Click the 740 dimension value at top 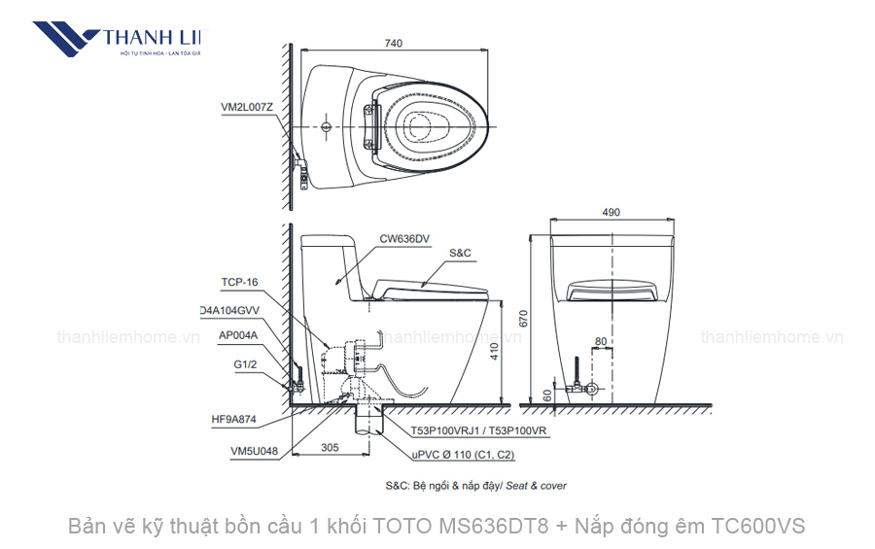pyautogui.click(x=393, y=43)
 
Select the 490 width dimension pyautogui.click(x=611, y=212)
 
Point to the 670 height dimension pyautogui.click(x=525, y=318)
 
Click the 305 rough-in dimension pyautogui.click(x=330, y=449)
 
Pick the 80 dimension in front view pyautogui.click(x=601, y=341)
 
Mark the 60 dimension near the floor pyautogui.click(x=546, y=395)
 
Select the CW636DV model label pyautogui.click(x=404, y=237)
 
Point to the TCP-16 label pyautogui.click(x=239, y=283)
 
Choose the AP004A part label pyautogui.click(x=239, y=336)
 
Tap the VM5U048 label pyautogui.click(x=254, y=450)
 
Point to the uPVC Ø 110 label pyautogui.click(x=462, y=454)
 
